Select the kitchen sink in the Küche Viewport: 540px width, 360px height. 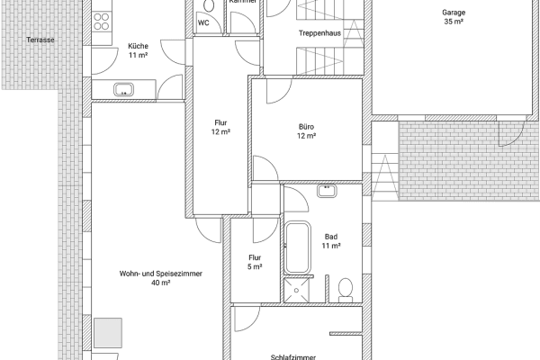[x=122, y=88]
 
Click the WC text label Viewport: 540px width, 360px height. [x=203, y=22]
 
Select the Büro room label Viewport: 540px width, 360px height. [x=306, y=126]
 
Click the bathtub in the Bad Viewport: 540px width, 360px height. [x=298, y=247]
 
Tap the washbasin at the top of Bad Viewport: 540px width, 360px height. [x=328, y=191]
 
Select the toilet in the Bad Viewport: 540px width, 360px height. [x=345, y=289]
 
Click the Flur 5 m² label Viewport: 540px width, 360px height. [x=255, y=262]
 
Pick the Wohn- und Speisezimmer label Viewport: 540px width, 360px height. [x=160, y=273]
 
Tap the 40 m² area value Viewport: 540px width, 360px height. [x=160, y=283]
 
